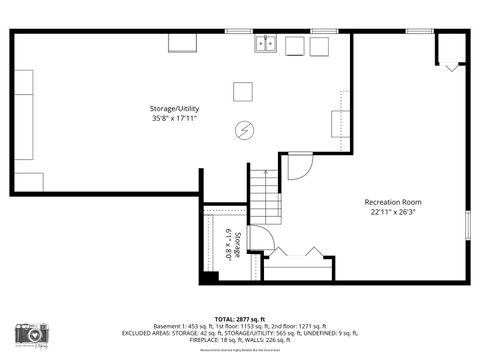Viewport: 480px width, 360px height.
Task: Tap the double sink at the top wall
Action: pyautogui.click(x=266, y=43)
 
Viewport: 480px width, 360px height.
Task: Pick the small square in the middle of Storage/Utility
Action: pyautogui.click(x=244, y=91)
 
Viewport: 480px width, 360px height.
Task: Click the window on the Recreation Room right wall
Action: pyautogui.click(x=467, y=225)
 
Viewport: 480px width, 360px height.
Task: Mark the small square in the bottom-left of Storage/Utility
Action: pyautogui.click(x=28, y=181)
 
